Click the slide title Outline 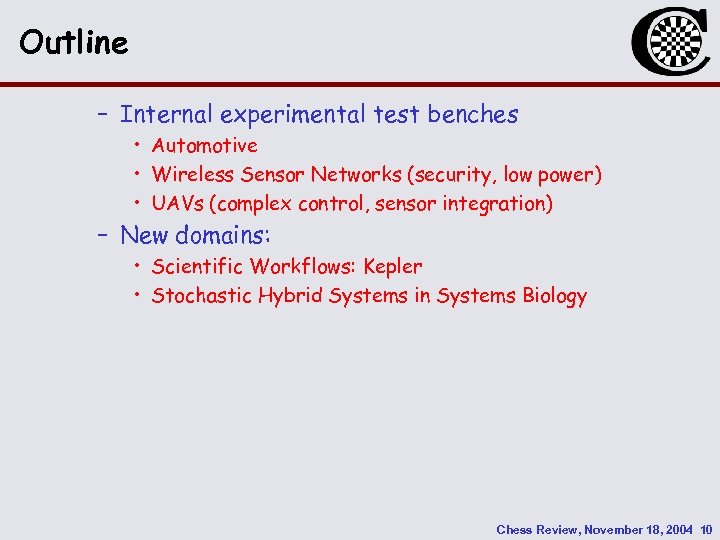pos(74,43)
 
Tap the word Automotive pos(204,146)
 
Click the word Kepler pos(393,267)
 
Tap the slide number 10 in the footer pos(705,529)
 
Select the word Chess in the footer pos(515,529)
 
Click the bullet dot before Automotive pos(137,146)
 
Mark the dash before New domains pos(102,236)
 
